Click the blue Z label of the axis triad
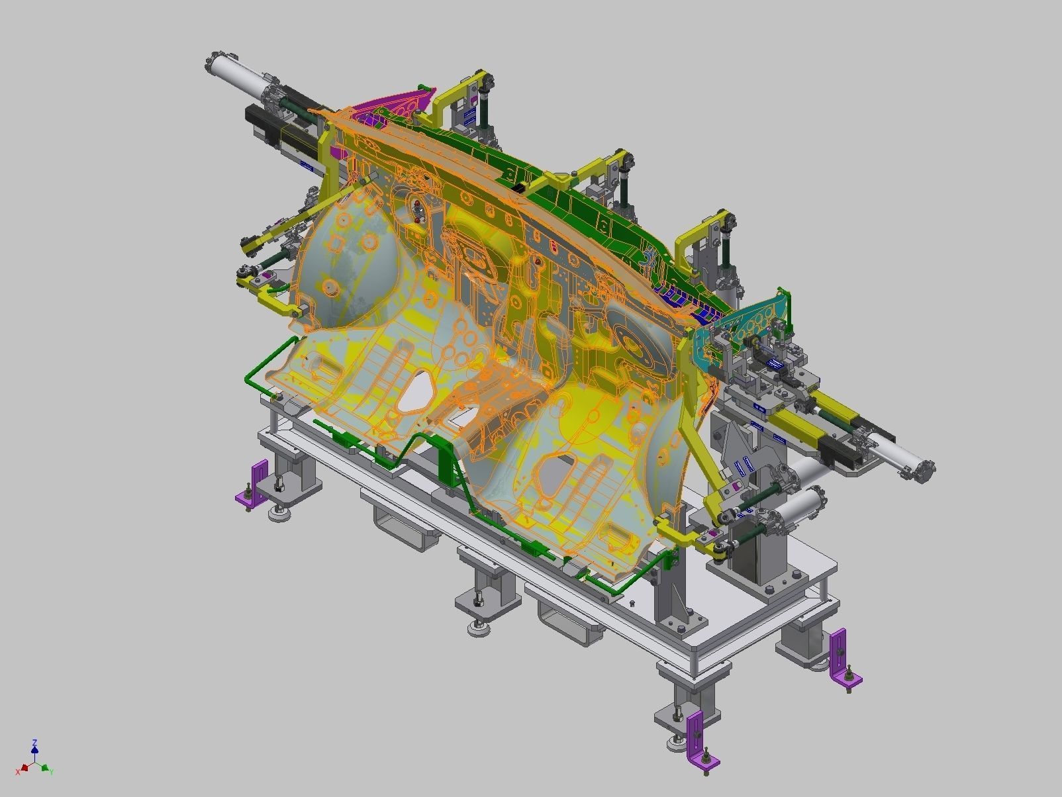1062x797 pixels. coord(34,743)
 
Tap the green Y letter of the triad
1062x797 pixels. coord(51,772)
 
